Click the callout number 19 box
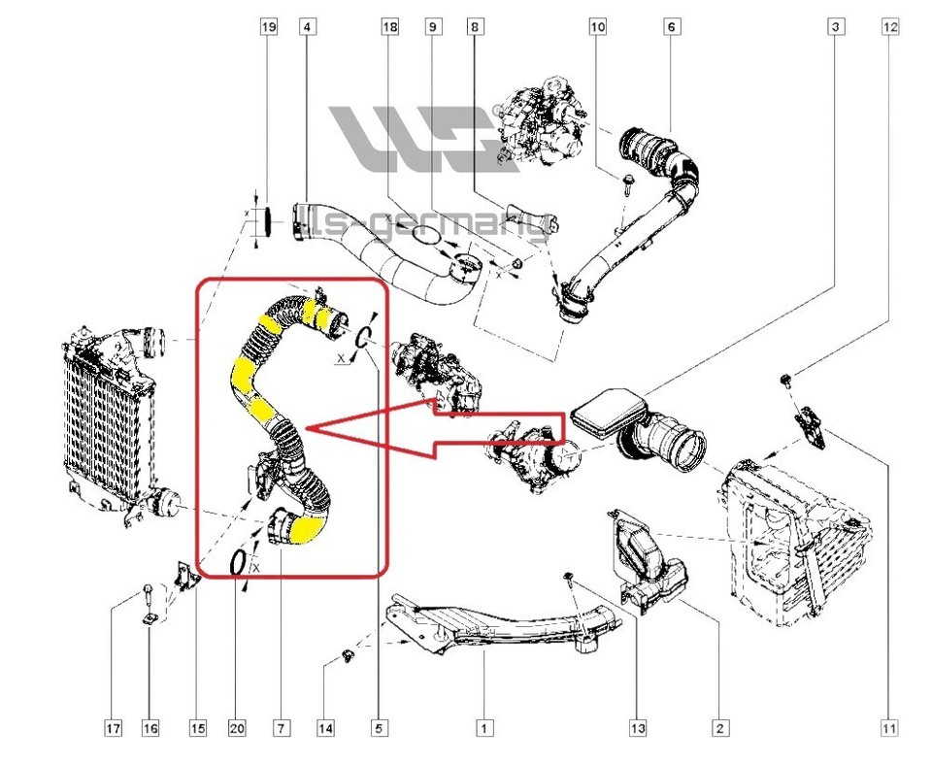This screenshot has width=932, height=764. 269,29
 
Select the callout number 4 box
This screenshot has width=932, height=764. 307,29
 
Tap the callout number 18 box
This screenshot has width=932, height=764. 390,29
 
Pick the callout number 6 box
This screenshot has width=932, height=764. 670,29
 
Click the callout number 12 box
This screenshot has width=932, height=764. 889,29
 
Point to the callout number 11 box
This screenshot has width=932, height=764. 889,727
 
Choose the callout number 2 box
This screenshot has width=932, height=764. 719,727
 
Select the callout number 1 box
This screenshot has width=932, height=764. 483,727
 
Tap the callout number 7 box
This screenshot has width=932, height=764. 281,727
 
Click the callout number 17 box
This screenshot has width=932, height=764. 114,727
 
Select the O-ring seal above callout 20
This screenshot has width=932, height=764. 237,561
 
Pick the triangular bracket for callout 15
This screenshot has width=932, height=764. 184,574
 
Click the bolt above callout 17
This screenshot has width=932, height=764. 147,591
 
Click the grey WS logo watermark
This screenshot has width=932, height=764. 427,141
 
